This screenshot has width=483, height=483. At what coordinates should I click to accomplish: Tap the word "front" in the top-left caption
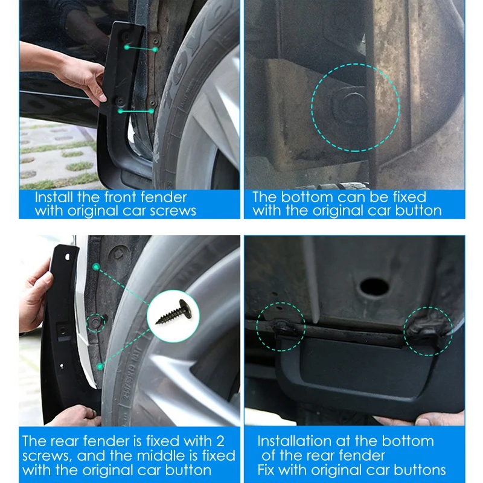pyautogui.click(x=127, y=197)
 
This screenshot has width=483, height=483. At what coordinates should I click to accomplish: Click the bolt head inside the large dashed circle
pyautogui.click(x=352, y=107)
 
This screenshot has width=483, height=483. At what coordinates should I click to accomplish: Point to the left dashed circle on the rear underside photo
pyautogui.click(x=281, y=327)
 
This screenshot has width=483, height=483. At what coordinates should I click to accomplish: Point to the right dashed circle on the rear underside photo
pyautogui.click(x=428, y=330)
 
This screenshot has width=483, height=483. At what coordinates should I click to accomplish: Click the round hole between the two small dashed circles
pyautogui.click(x=374, y=287)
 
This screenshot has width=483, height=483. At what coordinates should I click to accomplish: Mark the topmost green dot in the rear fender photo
pyautogui.click(x=95, y=266)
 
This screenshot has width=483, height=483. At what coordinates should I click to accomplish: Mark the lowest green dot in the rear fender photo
pyautogui.click(x=100, y=366)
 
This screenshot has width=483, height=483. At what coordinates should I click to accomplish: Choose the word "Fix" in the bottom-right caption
pyautogui.click(x=269, y=470)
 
